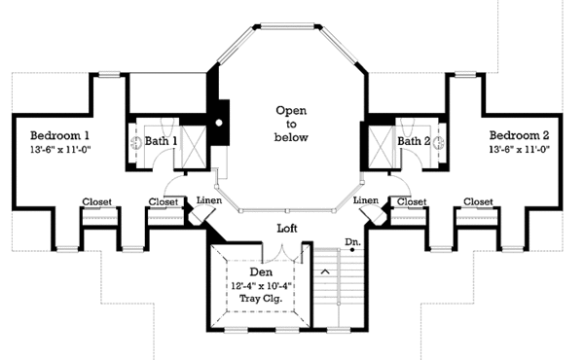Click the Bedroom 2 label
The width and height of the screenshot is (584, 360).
click(x=520, y=133)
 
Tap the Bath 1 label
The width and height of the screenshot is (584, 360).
click(x=161, y=142)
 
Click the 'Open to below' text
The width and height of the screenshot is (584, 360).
click(x=291, y=124)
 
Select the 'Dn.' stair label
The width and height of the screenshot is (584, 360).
click(x=352, y=242)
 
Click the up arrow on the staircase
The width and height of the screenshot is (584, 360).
click(x=325, y=271)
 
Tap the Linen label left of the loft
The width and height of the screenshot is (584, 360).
click(x=210, y=199)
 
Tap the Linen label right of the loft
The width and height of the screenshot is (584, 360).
click(x=367, y=199)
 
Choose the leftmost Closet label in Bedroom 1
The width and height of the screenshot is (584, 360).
click(x=96, y=202)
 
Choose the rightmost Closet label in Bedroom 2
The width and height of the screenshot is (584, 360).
click(x=478, y=202)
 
